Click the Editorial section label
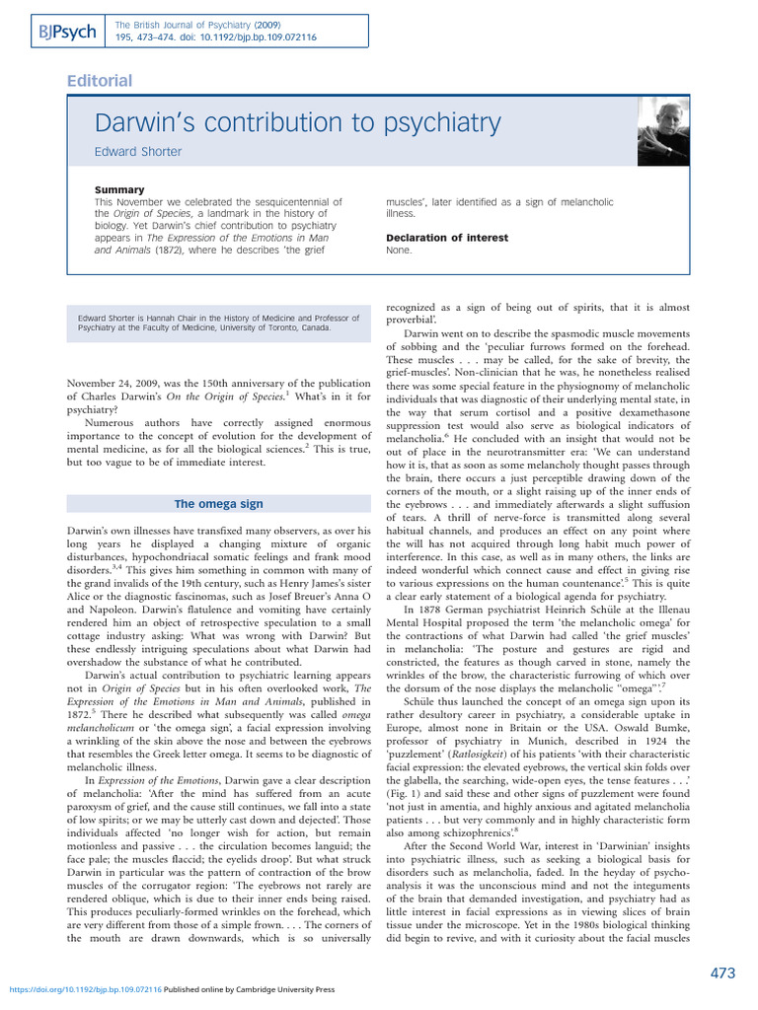[98, 81]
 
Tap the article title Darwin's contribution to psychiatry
[297, 124]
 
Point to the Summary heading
[118, 189]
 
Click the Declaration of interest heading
[447, 238]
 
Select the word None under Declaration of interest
[399, 251]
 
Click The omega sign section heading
[218, 504]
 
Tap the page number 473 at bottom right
[722, 974]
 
